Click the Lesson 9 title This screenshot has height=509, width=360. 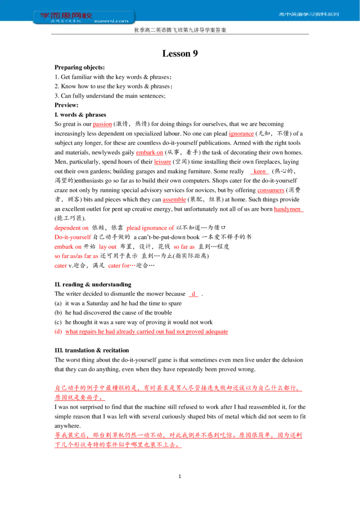pyautogui.click(x=180, y=54)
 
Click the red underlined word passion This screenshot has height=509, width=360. pyautogui.click(x=102, y=124)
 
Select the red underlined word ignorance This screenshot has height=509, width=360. pyautogui.click(x=241, y=134)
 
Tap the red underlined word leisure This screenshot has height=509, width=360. pyautogui.click(x=162, y=162)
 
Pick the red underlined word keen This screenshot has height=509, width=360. pyautogui.click(x=259, y=171)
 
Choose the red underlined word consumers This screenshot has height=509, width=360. pyautogui.click(x=270, y=190)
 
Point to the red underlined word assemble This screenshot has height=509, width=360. pyautogui.click(x=174, y=200)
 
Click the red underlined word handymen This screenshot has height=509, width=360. pyautogui.click(x=287, y=209)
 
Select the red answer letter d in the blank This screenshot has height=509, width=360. pyautogui.click(x=193, y=294)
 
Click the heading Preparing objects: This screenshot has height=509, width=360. pyautogui.click(x=80, y=67)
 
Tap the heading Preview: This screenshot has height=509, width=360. pyautogui.click(x=66, y=105)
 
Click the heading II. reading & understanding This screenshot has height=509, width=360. pyautogui.click(x=93, y=284)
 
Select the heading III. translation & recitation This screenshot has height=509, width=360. pyautogui.click(x=92, y=350)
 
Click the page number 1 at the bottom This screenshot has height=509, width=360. pyautogui.click(x=180, y=476)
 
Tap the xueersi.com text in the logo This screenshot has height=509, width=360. pyautogui.click(x=111, y=21)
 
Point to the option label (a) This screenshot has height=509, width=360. pyautogui.click(x=58, y=303)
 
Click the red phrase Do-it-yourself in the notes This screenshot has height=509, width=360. pyautogui.click(x=73, y=237)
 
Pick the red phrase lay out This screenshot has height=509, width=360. pyautogui.click(x=108, y=247)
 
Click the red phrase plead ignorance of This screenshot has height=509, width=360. pyautogui.click(x=150, y=228)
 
